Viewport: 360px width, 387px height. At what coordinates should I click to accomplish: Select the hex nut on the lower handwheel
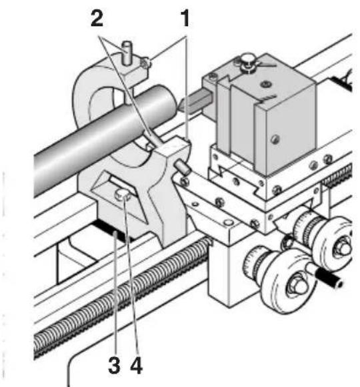[x=297, y=286]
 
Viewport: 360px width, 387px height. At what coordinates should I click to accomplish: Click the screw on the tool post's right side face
[x=274, y=139]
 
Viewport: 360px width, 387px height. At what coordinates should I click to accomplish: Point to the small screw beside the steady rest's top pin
[x=145, y=64]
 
